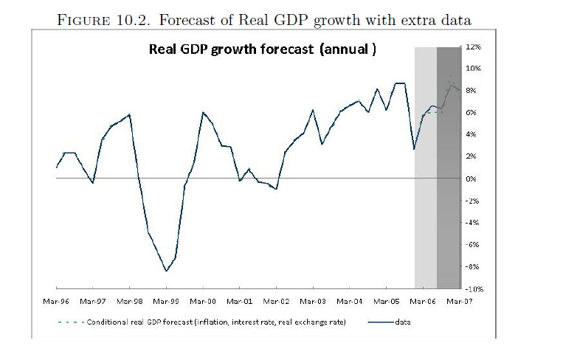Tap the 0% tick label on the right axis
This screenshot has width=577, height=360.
point(473,179)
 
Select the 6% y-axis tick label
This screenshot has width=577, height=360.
point(473,113)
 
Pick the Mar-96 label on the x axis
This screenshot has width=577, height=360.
point(55,302)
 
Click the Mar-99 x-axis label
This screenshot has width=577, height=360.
point(166,302)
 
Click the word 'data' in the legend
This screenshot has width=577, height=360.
point(403,322)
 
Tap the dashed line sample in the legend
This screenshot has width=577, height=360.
point(70,322)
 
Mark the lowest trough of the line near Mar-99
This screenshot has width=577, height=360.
point(167,271)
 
